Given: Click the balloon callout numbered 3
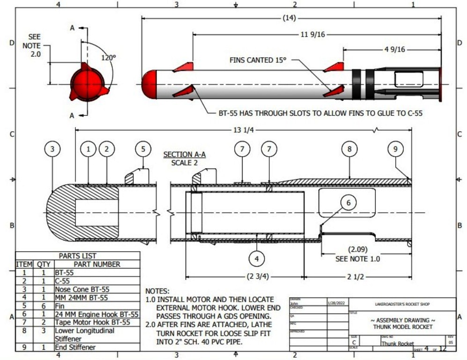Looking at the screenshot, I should [52, 149].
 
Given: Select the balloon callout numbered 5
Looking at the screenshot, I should [143, 149].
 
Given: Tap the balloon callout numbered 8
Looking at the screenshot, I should [349, 149].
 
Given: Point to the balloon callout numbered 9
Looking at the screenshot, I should [396, 149].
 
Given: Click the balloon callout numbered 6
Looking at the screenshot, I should [348, 202].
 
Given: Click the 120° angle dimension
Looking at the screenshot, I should [108, 58].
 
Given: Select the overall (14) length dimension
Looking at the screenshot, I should [289, 18].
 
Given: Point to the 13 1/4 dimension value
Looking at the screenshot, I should [244, 130].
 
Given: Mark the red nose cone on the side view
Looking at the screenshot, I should [149, 84].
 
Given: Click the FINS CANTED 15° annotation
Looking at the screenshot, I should [257, 60].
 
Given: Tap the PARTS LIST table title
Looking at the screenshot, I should [78, 256].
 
